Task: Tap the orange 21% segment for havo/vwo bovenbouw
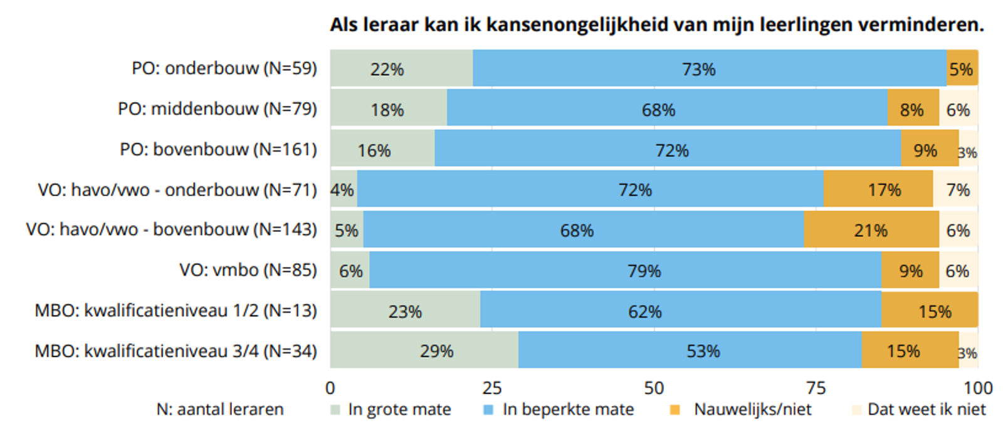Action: click(871, 230)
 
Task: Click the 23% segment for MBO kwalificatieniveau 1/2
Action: click(405, 311)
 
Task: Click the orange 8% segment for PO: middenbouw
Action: click(913, 110)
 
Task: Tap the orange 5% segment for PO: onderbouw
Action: click(962, 68)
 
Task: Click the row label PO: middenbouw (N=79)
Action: click(218, 109)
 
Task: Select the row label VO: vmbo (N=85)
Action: click(248, 270)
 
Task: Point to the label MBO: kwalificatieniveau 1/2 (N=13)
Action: click(176, 310)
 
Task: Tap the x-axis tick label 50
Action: click(654, 389)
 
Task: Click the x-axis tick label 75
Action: click(816, 389)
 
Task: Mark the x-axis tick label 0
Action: click(330, 389)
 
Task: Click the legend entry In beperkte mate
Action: click(567, 410)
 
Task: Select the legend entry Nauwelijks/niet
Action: click(752, 410)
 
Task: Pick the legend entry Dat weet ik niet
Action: click(926, 410)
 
